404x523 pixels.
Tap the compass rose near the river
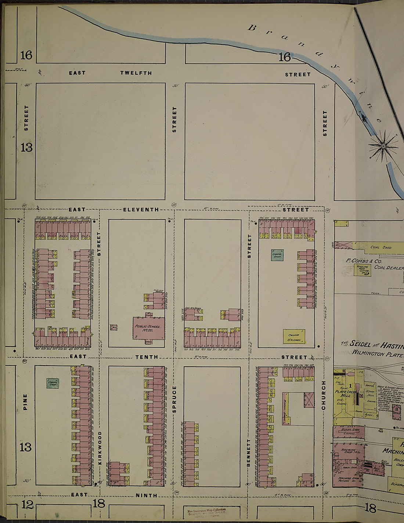pos(383,146)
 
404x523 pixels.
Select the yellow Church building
pos(294,336)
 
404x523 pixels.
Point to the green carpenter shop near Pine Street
pos(53,383)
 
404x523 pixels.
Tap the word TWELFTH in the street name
pos(136,73)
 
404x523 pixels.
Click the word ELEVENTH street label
pos(141,210)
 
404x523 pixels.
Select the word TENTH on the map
pos(147,357)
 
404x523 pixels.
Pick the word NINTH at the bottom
pos(146,495)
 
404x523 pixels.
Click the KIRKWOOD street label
pos(100,448)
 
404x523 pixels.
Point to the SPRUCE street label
pos(174,399)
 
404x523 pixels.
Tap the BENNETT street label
pos(249,453)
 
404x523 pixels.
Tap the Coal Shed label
pos(381,248)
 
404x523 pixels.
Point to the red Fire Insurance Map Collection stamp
pos(207,512)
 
